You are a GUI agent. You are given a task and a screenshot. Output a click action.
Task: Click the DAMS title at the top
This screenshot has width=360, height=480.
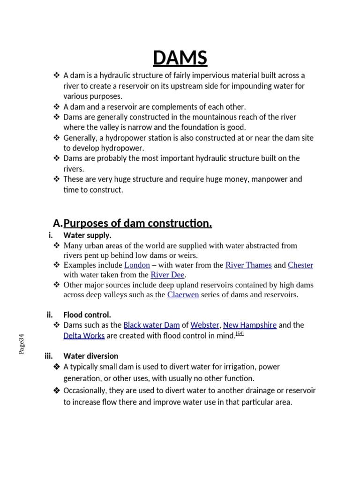180,58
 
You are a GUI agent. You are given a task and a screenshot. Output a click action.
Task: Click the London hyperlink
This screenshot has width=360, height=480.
137,265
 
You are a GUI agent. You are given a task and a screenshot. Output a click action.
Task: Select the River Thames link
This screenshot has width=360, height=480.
248,265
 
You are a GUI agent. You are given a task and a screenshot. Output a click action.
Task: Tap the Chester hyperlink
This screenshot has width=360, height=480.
300,265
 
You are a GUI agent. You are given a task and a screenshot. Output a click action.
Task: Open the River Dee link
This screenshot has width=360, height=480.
167,275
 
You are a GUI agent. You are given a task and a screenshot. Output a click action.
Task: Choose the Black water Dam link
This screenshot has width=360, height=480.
151,325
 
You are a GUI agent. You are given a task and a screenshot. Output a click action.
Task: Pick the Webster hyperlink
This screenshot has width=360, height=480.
204,325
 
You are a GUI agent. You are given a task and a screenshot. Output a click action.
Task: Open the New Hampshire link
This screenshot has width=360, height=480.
249,325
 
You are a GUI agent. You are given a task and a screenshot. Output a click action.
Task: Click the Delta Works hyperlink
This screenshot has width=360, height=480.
84,336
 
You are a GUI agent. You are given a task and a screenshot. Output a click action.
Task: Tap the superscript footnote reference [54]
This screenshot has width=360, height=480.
240,333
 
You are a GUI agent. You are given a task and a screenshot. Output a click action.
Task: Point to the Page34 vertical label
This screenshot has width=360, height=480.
22,344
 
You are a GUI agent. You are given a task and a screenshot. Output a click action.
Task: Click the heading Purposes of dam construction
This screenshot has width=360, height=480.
137,224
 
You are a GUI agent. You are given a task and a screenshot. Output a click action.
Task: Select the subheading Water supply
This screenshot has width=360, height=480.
87,235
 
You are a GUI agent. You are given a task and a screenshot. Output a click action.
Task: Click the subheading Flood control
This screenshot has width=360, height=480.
87,315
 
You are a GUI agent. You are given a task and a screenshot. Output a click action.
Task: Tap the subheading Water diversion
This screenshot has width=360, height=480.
91,356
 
